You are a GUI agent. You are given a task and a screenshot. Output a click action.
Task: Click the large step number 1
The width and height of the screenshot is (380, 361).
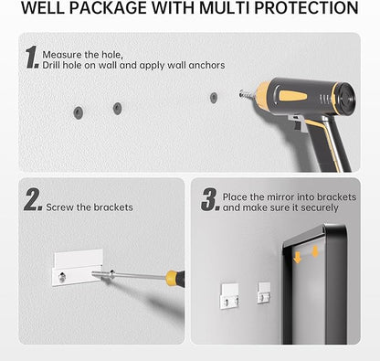(32, 57)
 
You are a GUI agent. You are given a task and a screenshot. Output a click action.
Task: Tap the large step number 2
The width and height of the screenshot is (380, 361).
(33, 199)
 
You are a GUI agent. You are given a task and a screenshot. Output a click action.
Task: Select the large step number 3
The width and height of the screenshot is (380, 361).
(210, 199)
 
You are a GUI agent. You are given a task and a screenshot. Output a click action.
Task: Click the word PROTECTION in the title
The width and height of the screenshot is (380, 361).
(306, 8)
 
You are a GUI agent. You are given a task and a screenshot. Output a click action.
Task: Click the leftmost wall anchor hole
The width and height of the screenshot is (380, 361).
(79, 112)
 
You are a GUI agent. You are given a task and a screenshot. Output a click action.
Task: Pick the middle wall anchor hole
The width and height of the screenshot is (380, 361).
(117, 109)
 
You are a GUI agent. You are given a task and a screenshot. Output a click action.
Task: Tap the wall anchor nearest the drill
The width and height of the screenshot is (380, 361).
(214, 98)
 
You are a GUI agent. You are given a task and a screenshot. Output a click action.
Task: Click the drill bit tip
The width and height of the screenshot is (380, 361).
(240, 93)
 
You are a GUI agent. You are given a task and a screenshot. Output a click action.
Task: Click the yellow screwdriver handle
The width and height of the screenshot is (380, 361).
(175, 278)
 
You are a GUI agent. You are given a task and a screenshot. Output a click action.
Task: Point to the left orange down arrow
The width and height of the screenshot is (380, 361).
(297, 258)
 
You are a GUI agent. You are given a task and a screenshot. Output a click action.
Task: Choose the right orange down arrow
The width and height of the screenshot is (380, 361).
(315, 251)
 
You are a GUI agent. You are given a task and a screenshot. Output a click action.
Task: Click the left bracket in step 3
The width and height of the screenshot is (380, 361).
(229, 296)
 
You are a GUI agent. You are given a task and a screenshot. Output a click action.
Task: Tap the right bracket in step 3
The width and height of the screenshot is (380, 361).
(264, 292)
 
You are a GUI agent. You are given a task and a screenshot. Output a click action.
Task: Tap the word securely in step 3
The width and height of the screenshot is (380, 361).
(320, 208)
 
